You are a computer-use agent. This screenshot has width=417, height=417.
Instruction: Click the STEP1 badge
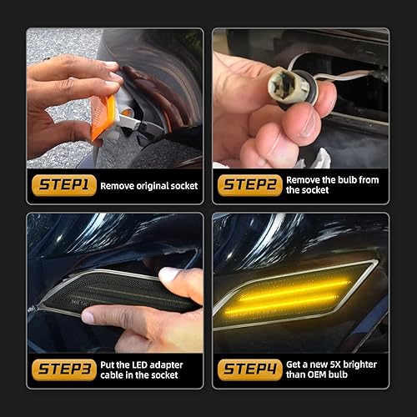(x=63, y=185)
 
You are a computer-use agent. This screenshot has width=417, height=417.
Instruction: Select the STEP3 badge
(x=63, y=369)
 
